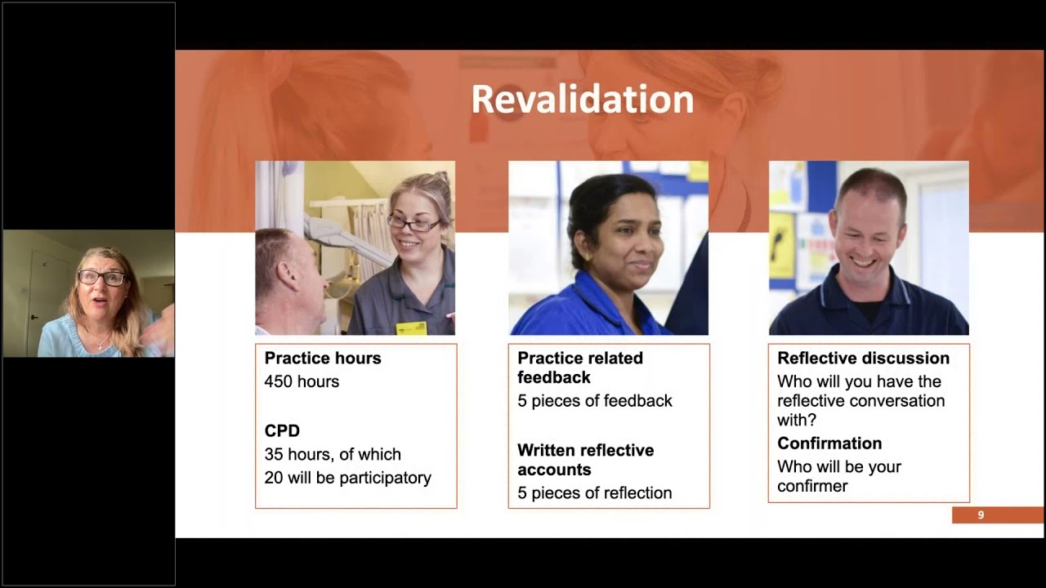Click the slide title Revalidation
[x=582, y=100]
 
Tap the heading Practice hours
[x=322, y=358]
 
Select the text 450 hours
[x=302, y=381]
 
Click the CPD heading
[x=282, y=430]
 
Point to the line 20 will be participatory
[x=347, y=478]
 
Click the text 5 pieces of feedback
[x=594, y=401]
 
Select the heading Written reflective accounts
[x=585, y=460]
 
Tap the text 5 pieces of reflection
[x=594, y=493]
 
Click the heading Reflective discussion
[x=863, y=358]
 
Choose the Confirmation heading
[x=829, y=443]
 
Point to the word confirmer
[x=812, y=487]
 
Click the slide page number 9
[x=981, y=515]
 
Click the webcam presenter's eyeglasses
[x=102, y=278]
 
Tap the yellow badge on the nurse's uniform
[x=411, y=328]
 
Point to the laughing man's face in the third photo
[x=868, y=237]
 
